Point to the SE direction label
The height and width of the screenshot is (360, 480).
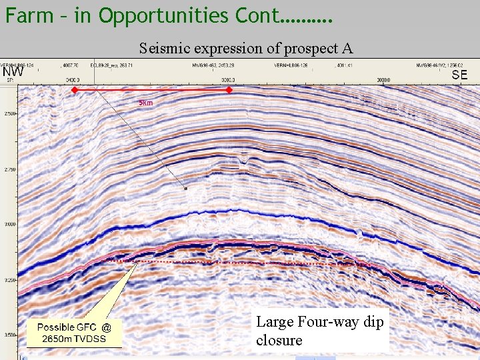(x=459, y=75)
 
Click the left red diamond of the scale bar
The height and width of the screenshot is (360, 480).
(x=75, y=89)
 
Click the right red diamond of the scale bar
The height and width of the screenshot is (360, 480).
(x=229, y=89)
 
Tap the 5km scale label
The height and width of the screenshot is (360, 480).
(x=145, y=103)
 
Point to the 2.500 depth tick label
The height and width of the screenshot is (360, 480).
(x=9, y=114)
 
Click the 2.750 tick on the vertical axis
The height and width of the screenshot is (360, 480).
(x=9, y=170)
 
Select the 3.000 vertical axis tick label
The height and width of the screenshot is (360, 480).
(x=9, y=225)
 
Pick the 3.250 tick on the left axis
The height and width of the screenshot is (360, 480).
(x=9, y=281)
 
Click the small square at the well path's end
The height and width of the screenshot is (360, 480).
(x=186, y=189)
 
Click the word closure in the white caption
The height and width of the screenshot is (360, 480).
(x=279, y=340)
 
